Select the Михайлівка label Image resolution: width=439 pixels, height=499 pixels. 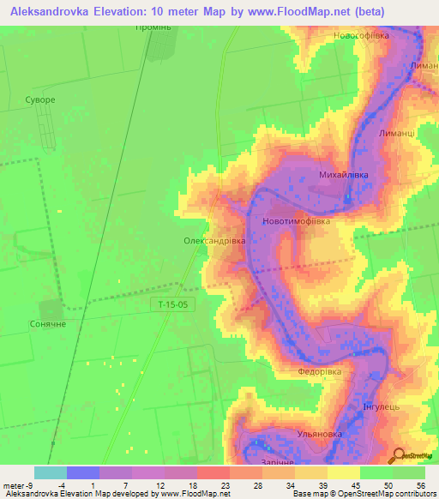[343, 175]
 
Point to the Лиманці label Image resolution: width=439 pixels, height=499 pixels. [396, 134]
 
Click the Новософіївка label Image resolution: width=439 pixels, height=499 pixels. [361, 35]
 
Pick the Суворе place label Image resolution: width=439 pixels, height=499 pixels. [40, 100]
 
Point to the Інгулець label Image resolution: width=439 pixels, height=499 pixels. [382, 406]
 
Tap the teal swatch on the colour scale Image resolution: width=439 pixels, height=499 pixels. [50, 472]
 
